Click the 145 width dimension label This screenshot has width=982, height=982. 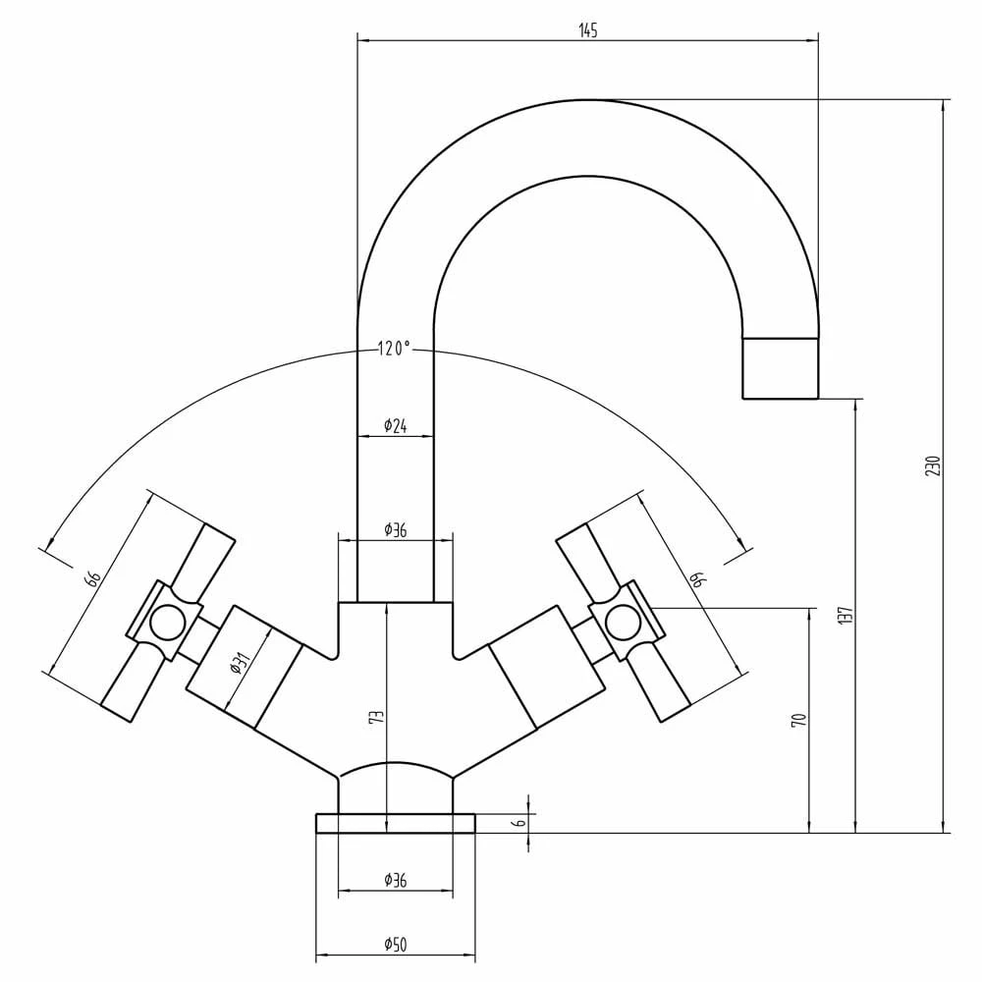click(588, 29)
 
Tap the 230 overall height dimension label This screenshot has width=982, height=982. click(933, 465)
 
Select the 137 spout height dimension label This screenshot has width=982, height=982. click(846, 617)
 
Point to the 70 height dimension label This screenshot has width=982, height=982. click(798, 719)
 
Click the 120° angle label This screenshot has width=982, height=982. click(394, 349)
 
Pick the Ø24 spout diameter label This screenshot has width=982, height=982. click(395, 426)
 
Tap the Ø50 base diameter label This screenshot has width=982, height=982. click(395, 945)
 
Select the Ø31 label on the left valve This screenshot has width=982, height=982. click(240, 663)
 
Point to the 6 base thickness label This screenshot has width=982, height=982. click(520, 822)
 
